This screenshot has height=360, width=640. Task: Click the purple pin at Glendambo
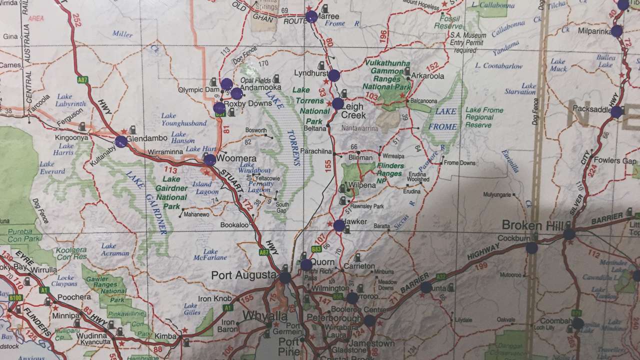pyautogui.click(x=120, y=142)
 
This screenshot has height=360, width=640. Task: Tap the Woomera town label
pyautogui.click(x=237, y=158)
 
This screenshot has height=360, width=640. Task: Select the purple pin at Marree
pyautogui.click(x=311, y=17)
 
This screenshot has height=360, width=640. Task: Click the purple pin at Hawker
pyautogui.click(x=339, y=225)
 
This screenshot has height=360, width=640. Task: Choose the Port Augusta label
pyautogui.click(x=243, y=275)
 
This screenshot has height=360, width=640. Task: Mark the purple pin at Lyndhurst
pyautogui.click(x=334, y=75)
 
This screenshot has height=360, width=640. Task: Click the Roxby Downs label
pyautogui.click(x=240, y=104)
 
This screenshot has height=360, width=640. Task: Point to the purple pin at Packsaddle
pyautogui.click(x=616, y=112)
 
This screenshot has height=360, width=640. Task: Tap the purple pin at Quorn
pyautogui.click(x=306, y=265)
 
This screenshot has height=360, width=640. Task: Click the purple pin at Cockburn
pyautogui.click(x=531, y=248)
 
